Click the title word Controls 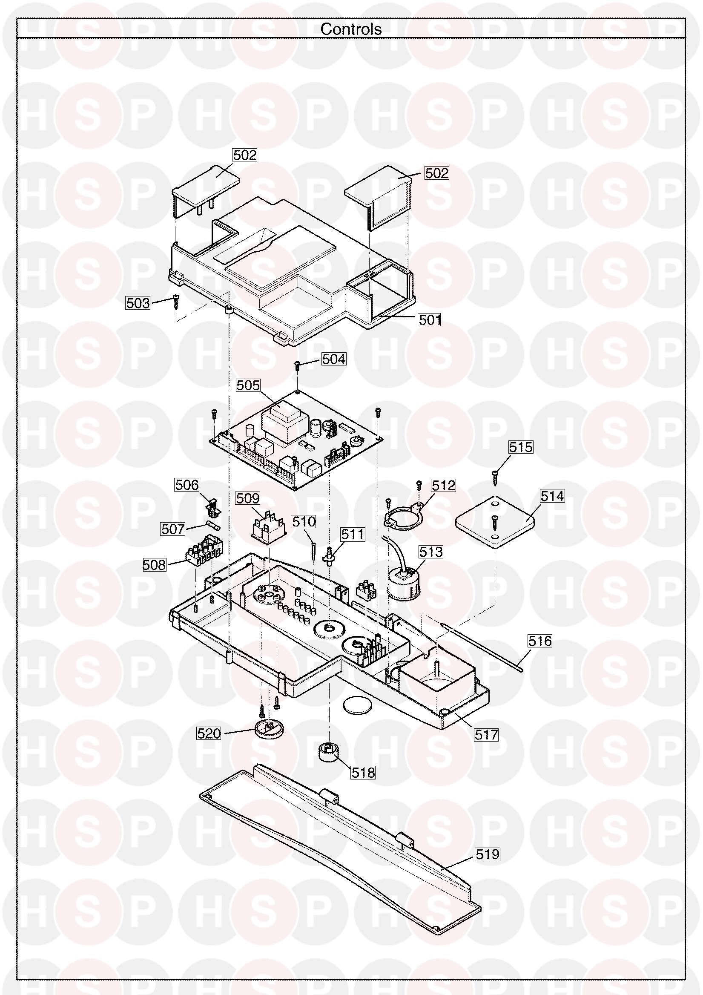tap(351, 29)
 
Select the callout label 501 tap(430, 320)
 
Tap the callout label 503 tap(138, 303)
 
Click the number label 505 tap(248, 385)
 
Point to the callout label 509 tap(248, 498)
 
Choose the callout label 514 tap(552, 496)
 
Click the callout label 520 tap(209, 733)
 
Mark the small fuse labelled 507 tap(214, 526)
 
